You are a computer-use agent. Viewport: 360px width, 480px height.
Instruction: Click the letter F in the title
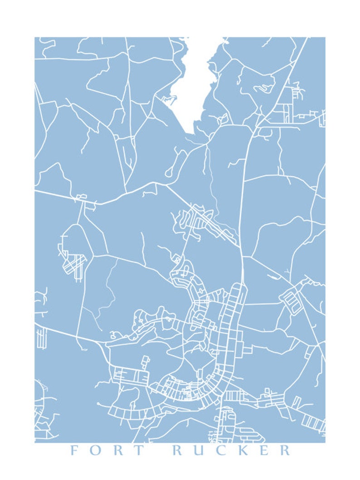[74, 451]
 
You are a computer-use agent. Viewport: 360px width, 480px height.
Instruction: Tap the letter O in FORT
[96, 451]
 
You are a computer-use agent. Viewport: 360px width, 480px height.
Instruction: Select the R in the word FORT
[117, 451]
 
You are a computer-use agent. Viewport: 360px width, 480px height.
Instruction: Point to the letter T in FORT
[139, 451]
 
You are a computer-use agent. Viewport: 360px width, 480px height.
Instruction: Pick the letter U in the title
[200, 451]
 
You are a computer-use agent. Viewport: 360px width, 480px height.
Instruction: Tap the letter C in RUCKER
[222, 451]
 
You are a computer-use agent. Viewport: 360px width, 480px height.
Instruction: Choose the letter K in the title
[243, 451]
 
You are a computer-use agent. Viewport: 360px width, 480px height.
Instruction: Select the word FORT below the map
[107, 451]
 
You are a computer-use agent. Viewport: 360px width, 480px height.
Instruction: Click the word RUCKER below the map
[232, 451]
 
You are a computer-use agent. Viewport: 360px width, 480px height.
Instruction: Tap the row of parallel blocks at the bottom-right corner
[313, 422]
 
